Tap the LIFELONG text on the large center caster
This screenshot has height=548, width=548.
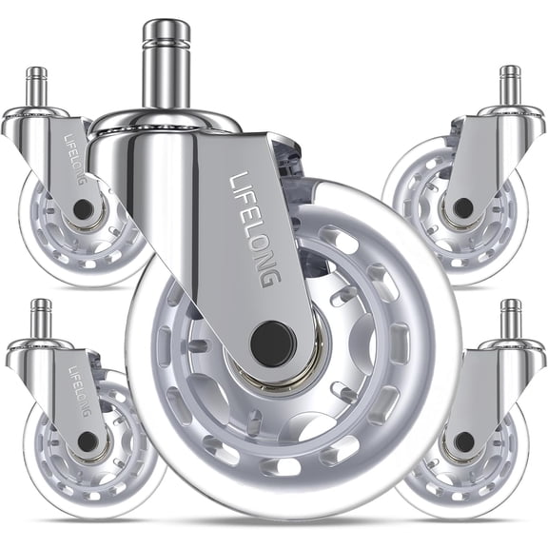(256, 229)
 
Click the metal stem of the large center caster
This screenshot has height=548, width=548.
(166, 68)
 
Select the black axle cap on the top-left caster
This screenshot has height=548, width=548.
(83, 209)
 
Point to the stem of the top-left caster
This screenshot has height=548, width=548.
(37, 87)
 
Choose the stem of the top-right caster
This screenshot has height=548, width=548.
(511, 87)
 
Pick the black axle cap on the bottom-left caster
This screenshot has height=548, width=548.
(88, 441)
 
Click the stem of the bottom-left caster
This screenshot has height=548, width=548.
(41, 319)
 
